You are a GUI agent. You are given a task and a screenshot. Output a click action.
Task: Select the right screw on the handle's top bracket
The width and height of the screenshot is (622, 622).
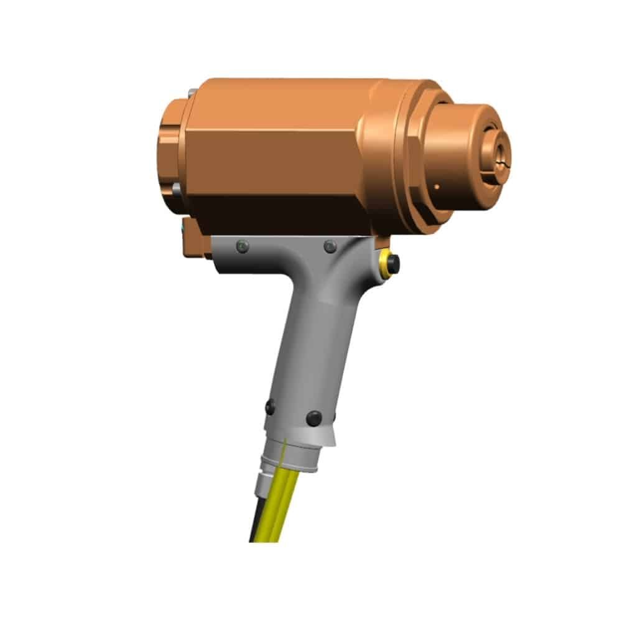(x=330, y=246)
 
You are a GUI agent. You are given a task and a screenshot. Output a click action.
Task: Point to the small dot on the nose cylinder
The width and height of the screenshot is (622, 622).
(x=437, y=186)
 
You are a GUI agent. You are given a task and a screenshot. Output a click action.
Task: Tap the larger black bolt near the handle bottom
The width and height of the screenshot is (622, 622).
(x=314, y=418)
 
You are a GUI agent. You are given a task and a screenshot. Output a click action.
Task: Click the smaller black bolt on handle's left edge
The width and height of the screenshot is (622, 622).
(x=270, y=407)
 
